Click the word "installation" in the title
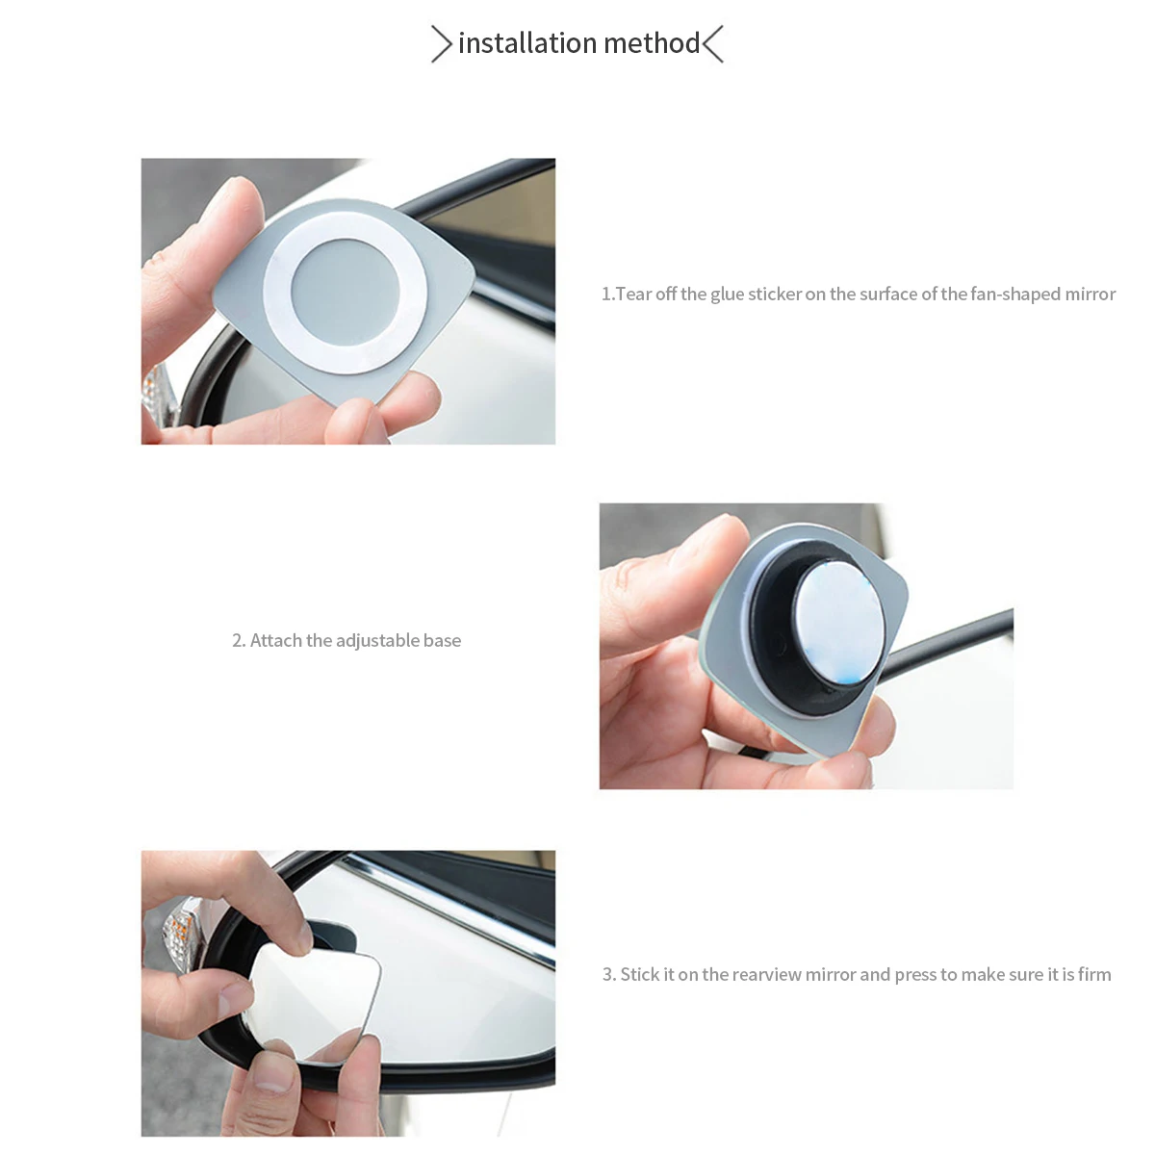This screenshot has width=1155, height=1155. tap(527, 43)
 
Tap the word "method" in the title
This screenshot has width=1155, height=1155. tap(653, 43)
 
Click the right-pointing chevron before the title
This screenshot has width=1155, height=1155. tap(441, 43)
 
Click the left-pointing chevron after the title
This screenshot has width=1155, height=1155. tap(713, 43)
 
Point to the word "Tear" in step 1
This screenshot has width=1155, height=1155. tap(633, 294)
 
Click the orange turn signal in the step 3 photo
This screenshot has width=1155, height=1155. tap(179, 932)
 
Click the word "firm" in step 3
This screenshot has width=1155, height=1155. tap(1094, 975)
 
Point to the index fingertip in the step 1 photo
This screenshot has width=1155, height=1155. tap(240, 192)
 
